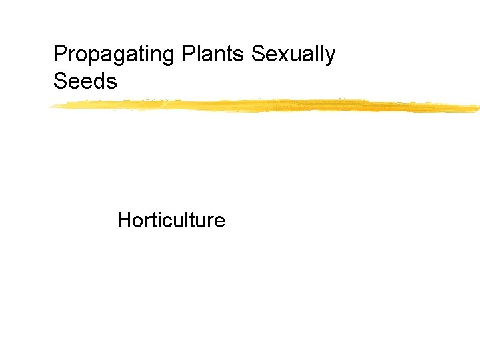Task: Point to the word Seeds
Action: (x=85, y=82)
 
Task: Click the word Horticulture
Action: (x=171, y=220)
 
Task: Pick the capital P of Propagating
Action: (x=59, y=54)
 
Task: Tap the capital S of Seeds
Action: (x=59, y=82)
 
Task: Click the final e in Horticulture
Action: (x=220, y=222)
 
